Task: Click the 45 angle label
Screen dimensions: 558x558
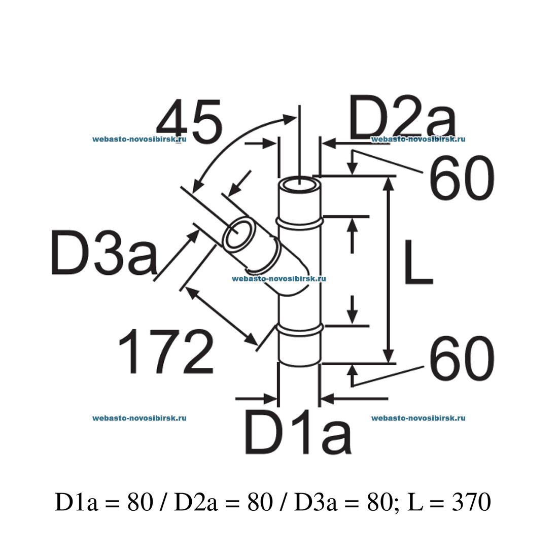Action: (x=189, y=122)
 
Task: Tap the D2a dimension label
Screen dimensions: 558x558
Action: (x=402, y=120)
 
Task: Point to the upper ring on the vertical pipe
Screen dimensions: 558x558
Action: (x=300, y=222)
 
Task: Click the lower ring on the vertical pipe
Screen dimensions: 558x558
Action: (x=300, y=329)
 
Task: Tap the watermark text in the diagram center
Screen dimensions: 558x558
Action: (x=278, y=278)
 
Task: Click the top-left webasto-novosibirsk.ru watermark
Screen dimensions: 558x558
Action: (x=139, y=139)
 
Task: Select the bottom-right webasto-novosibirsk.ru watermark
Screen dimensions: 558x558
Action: (x=418, y=418)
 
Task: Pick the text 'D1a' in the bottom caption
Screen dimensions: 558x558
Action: (x=74, y=503)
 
